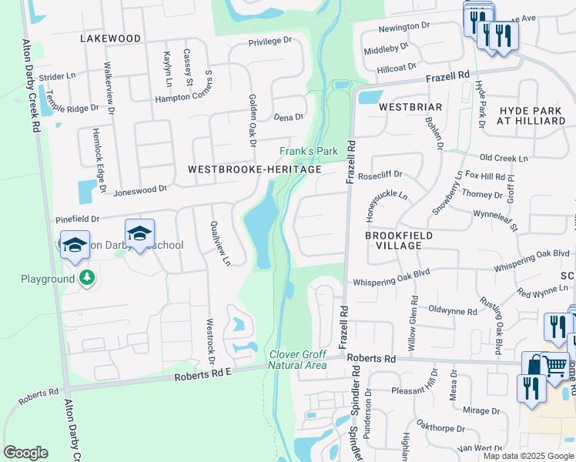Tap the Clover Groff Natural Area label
pos(298,360)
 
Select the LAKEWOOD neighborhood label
pos(110,38)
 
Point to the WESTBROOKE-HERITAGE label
pos(254,169)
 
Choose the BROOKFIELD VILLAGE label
pos(399,240)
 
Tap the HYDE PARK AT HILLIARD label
pos(531,116)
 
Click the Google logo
pos(25,453)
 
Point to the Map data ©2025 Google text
pos(529,456)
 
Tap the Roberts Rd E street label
pos(203,373)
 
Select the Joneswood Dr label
pos(140,189)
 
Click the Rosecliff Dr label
pos(393,175)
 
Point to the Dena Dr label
pos(289,117)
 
